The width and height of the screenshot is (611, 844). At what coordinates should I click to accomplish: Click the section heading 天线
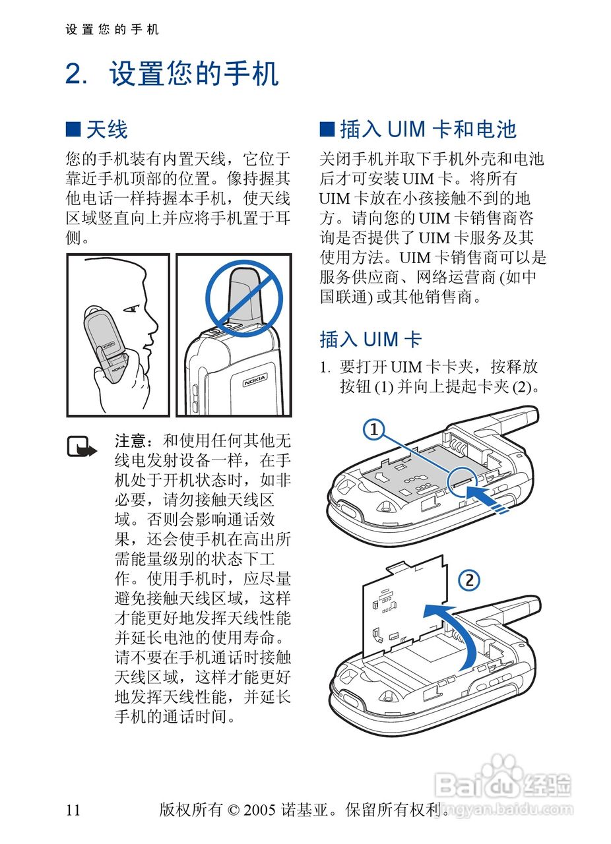[106, 129]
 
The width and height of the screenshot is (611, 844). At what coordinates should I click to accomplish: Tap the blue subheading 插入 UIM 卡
[370, 340]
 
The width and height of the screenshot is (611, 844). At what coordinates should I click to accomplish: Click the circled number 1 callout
[373, 431]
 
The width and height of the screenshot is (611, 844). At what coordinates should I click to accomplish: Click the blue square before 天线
[73, 129]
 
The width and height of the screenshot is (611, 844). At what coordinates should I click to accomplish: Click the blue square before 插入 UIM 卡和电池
[327, 129]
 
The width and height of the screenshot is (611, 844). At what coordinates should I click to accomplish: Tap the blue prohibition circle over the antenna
[243, 297]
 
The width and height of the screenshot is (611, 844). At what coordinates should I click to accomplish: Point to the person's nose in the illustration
[153, 318]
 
